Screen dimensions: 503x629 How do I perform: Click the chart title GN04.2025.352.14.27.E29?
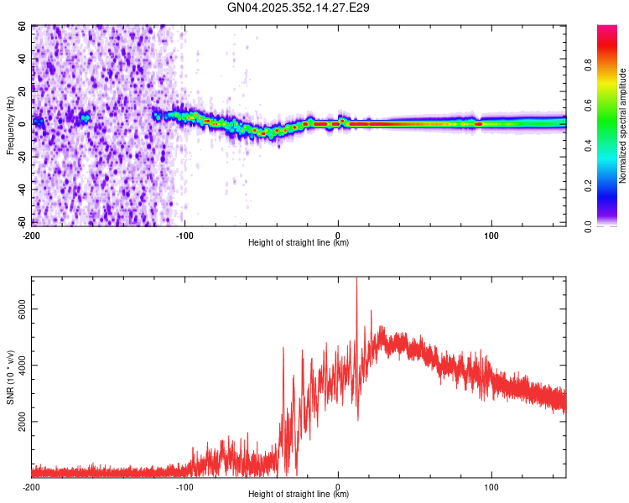299,8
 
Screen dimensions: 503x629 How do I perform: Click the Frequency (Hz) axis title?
10,125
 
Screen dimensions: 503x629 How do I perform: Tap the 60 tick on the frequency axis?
23,26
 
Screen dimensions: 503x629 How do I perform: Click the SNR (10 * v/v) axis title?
10,376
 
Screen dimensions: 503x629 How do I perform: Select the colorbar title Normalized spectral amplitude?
623,126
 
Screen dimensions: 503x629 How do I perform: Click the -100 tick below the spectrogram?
185,234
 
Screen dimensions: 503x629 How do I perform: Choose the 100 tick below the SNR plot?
491,485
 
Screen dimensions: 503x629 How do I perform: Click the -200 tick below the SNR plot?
31,485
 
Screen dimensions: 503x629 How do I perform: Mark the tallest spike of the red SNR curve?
356,280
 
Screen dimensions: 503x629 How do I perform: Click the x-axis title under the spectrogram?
299,243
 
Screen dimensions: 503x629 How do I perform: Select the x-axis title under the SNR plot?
299,495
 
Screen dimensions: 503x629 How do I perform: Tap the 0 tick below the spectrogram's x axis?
338,234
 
